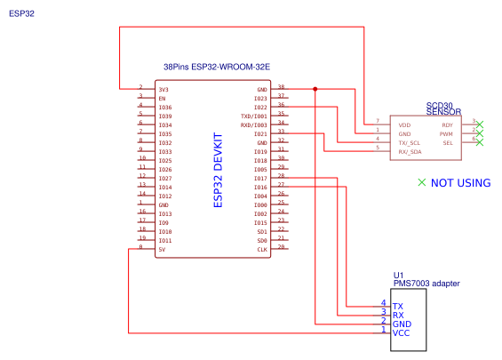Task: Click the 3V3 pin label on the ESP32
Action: pos(163,90)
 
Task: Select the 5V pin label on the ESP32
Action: pos(161,250)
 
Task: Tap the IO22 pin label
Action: pos(260,108)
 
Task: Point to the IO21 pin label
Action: pos(260,134)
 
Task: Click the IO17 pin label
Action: pos(260,179)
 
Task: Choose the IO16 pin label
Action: pos(260,188)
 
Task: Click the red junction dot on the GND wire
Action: pos(315,89)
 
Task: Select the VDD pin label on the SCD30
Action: pos(404,125)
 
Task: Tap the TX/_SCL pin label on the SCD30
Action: pos(410,141)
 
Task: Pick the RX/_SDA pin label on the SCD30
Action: pos(410,150)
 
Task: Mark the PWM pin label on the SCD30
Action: pos(446,133)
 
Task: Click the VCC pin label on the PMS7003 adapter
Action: pos(401,332)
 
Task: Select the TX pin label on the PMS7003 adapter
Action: pos(398,306)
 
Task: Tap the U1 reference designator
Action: pos(398,275)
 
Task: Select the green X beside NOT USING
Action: pos(422,182)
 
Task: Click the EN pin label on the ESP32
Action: pos(162,99)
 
